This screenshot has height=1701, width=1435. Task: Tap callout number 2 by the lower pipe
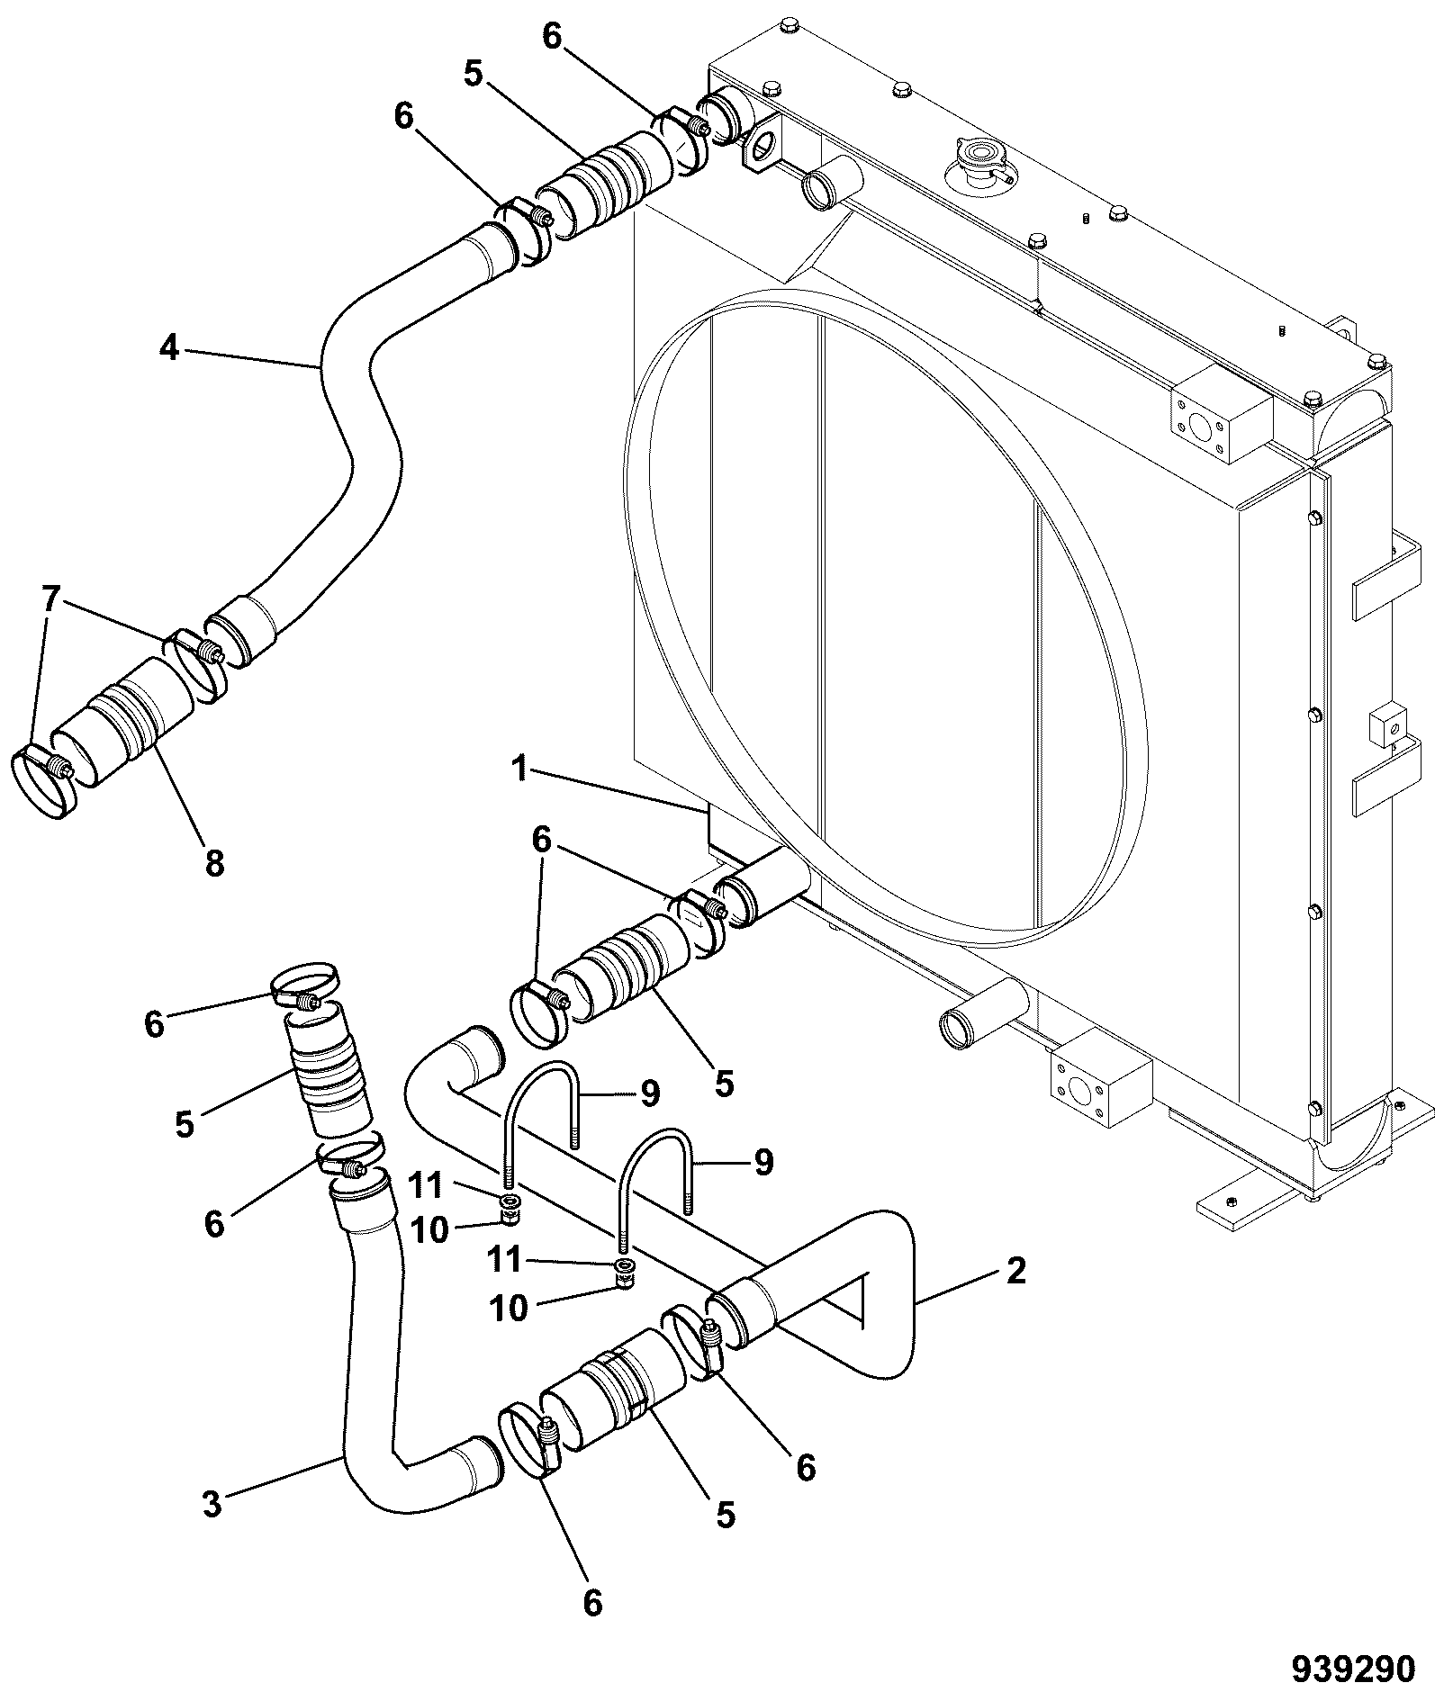1015,1271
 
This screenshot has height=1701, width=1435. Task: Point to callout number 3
212,1504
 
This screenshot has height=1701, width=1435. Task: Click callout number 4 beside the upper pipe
169,347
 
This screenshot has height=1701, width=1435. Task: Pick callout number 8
213,863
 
